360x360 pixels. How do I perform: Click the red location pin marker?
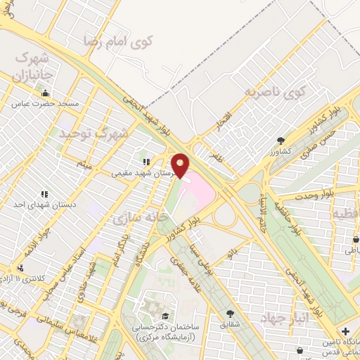pyautogui.click(x=181, y=166)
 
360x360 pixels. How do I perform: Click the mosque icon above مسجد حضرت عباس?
pyautogui.click(x=46, y=94)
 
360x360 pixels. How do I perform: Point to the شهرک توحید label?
pyautogui.click(x=94, y=131)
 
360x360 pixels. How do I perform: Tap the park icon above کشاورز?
pyautogui.click(x=281, y=141)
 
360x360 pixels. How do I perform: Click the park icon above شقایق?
pyautogui.click(x=230, y=314)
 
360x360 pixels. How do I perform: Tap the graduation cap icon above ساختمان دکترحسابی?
pyautogui.click(x=165, y=316)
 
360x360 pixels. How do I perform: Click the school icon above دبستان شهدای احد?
pyautogui.click(x=44, y=193)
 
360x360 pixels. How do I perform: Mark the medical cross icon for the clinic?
pyautogui.click(x=345, y=331)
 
